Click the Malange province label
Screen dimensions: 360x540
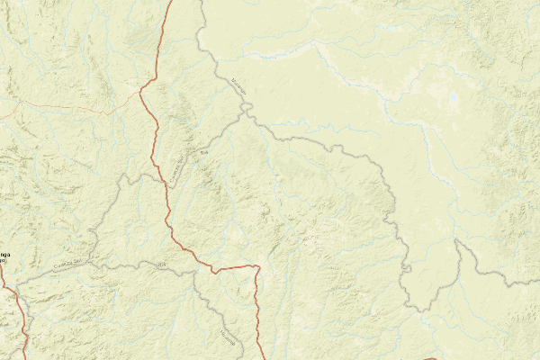click(238, 85)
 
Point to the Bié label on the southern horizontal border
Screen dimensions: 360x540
click(162, 264)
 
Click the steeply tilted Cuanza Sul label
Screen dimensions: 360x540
click(177, 166)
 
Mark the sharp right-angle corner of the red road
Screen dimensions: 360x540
click(258, 266)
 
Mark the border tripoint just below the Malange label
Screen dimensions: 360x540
click(245, 109)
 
